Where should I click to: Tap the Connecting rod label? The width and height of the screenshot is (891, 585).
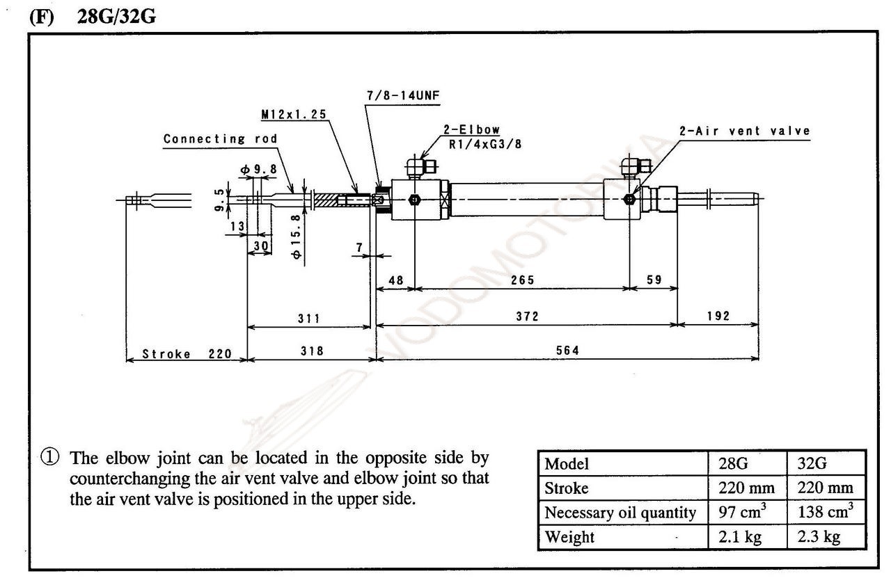tap(220, 138)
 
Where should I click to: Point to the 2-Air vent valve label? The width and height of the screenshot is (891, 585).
tap(745, 131)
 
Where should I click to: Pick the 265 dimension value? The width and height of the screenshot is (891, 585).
tap(522, 280)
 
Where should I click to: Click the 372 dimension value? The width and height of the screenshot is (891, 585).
tap(527, 316)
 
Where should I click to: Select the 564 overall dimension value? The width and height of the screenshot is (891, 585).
tap(567, 351)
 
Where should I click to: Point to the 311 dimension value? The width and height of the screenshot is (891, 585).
tap(308, 319)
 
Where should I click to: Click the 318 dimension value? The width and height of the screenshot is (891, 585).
tap(311, 351)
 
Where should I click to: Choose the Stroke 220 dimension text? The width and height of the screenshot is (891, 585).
tap(187, 353)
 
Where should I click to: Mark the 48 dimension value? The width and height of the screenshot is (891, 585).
tap(395, 280)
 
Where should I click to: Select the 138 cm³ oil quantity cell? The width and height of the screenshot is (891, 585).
tap(826, 513)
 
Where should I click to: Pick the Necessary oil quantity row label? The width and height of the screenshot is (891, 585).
tap(620, 513)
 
